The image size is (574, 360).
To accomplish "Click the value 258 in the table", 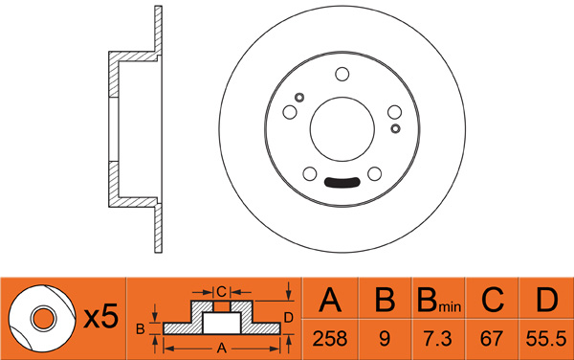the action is click(x=329, y=338).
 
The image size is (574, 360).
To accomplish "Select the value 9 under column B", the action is click(x=385, y=338).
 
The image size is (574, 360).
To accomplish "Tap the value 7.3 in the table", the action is click(x=438, y=338).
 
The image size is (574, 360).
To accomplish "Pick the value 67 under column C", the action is click(x=492, y=338).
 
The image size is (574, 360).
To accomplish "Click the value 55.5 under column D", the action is click(x=546, y=338).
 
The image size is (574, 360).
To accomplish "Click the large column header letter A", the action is click(x=330, y=300).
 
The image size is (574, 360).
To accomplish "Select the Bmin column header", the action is click(x=439, y=300).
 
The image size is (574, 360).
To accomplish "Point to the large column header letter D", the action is click(x=546, y=300).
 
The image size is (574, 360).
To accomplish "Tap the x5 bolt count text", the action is click(x=101, y=316).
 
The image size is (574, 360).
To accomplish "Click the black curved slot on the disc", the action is click(x=342, y=183).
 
